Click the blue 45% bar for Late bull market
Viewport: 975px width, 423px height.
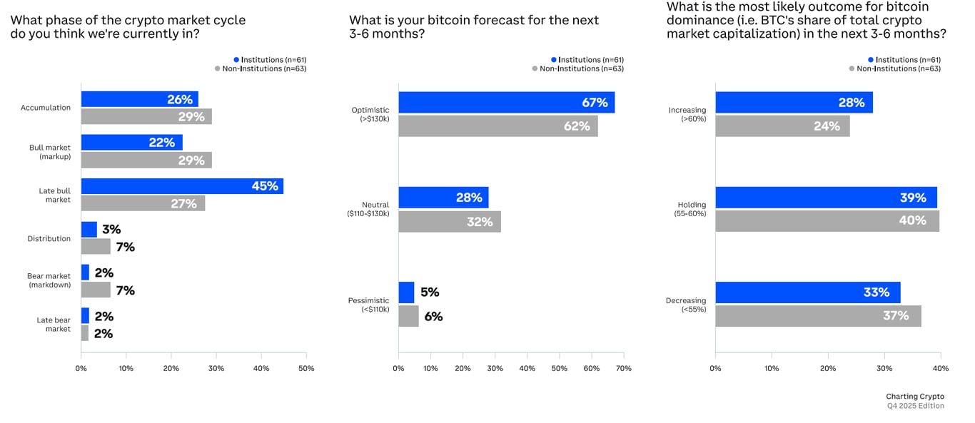coord(182,186)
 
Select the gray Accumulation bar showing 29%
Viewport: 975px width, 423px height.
coord(146,116)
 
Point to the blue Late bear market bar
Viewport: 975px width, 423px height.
coord(85,316)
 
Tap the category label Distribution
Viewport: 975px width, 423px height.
coord(49,238)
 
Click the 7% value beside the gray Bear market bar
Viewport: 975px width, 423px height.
coord(125,290)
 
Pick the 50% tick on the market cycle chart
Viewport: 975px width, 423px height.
coord(305,368)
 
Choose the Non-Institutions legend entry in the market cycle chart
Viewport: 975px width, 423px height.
coord(260,68)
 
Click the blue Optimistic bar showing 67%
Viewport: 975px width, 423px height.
coord(506,103)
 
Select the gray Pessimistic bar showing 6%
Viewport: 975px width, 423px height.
coord(408,316)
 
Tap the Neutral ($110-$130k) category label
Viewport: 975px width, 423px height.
coord(368,209)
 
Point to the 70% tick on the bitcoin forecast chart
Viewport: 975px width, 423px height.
coord(623,368)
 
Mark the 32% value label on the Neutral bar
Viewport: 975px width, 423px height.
coord(480,222)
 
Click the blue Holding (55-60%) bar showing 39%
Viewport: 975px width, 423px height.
coord(826,198)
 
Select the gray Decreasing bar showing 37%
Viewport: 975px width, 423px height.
coord(818,316)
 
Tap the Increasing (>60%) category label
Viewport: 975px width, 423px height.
coord(687,114)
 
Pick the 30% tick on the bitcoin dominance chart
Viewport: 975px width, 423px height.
coord(884,368)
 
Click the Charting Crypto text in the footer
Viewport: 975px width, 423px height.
coord(914,397)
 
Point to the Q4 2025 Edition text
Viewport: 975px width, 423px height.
coord(915,406)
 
